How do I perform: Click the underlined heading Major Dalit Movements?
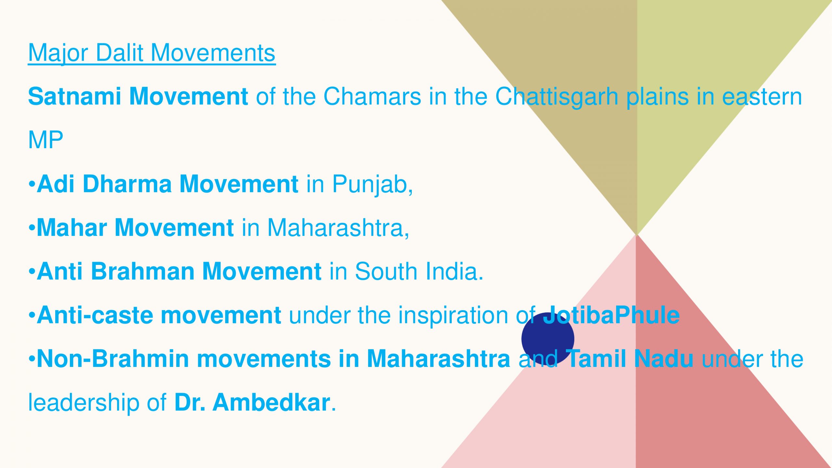coord(152,53)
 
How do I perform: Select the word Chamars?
coord(372,97)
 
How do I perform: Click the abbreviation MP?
coord(46,140)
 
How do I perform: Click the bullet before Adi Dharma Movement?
coord(32,184)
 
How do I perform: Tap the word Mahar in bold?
coord(72,227)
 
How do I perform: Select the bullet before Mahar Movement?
coord(32,227)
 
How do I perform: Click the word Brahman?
coord(143,271)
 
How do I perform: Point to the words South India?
coord(419,271)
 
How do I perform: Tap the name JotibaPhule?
coord(611,315)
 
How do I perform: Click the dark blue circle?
coord(548,339)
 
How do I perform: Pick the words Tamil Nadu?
coord(630,359)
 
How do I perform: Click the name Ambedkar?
coord(271,403)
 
